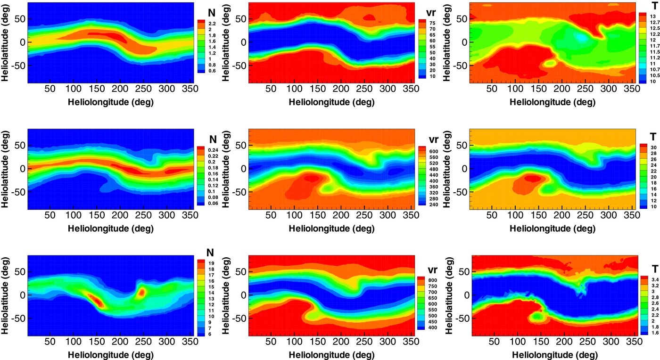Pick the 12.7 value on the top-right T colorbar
coord(654,22)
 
